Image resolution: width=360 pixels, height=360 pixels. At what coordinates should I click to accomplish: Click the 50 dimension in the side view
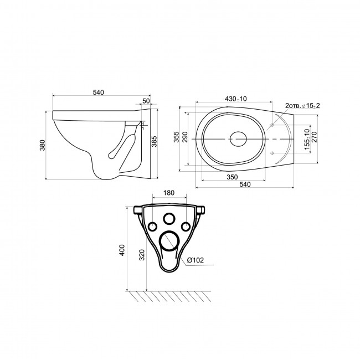click(146, 101)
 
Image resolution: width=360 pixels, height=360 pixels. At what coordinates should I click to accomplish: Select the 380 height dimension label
click(43, 145)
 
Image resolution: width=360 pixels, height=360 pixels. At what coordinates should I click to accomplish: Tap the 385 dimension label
click(155, 141)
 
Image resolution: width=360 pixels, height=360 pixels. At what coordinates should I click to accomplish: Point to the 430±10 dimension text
click(235, 99)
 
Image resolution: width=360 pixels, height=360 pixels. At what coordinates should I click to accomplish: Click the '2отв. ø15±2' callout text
click(302, 106)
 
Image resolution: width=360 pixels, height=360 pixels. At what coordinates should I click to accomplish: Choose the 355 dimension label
click(176, 137)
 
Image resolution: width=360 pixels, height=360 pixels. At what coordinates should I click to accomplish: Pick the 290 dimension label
click(185, 137)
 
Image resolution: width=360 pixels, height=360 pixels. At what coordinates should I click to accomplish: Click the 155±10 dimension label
click(307, 140)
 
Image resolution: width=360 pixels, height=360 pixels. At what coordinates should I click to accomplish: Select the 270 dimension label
click(314, 137)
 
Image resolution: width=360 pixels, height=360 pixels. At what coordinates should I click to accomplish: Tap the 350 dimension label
click(233, 177)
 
